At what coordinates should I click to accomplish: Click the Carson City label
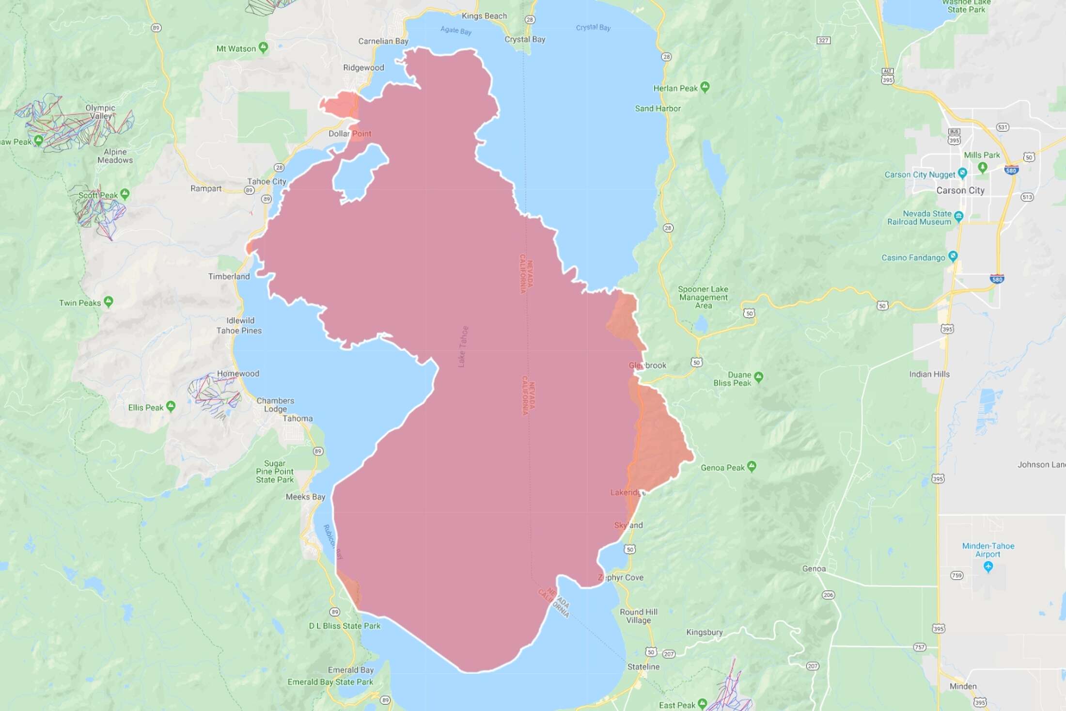tap(960, 190)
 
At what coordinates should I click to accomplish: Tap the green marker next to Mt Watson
tap(263, 47)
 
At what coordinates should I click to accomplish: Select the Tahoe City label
tap(266, 181)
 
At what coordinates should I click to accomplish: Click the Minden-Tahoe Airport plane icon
tap(989, 566)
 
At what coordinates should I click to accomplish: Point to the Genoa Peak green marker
tap(752, 466)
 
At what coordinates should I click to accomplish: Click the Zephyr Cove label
tap(621, 578)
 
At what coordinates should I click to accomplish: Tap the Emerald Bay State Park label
tap(330, 682)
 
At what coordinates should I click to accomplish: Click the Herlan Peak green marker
tap(705, 87)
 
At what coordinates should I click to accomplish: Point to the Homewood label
tap(238, 374)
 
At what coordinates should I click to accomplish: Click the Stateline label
tap(643, 667)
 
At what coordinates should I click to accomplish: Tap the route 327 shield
tap(823, 40)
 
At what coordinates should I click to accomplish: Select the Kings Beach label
tap(484, 16)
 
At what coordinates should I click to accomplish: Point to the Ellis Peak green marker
tap(171, 406)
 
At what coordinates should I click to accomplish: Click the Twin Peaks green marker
tap(109, 301)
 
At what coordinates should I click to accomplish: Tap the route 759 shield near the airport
tap(956, 576)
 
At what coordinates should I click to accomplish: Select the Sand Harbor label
tap(658, 109)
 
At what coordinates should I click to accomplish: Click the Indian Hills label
tap(929, 374)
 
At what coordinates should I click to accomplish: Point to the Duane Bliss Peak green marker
tap(759, 377)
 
